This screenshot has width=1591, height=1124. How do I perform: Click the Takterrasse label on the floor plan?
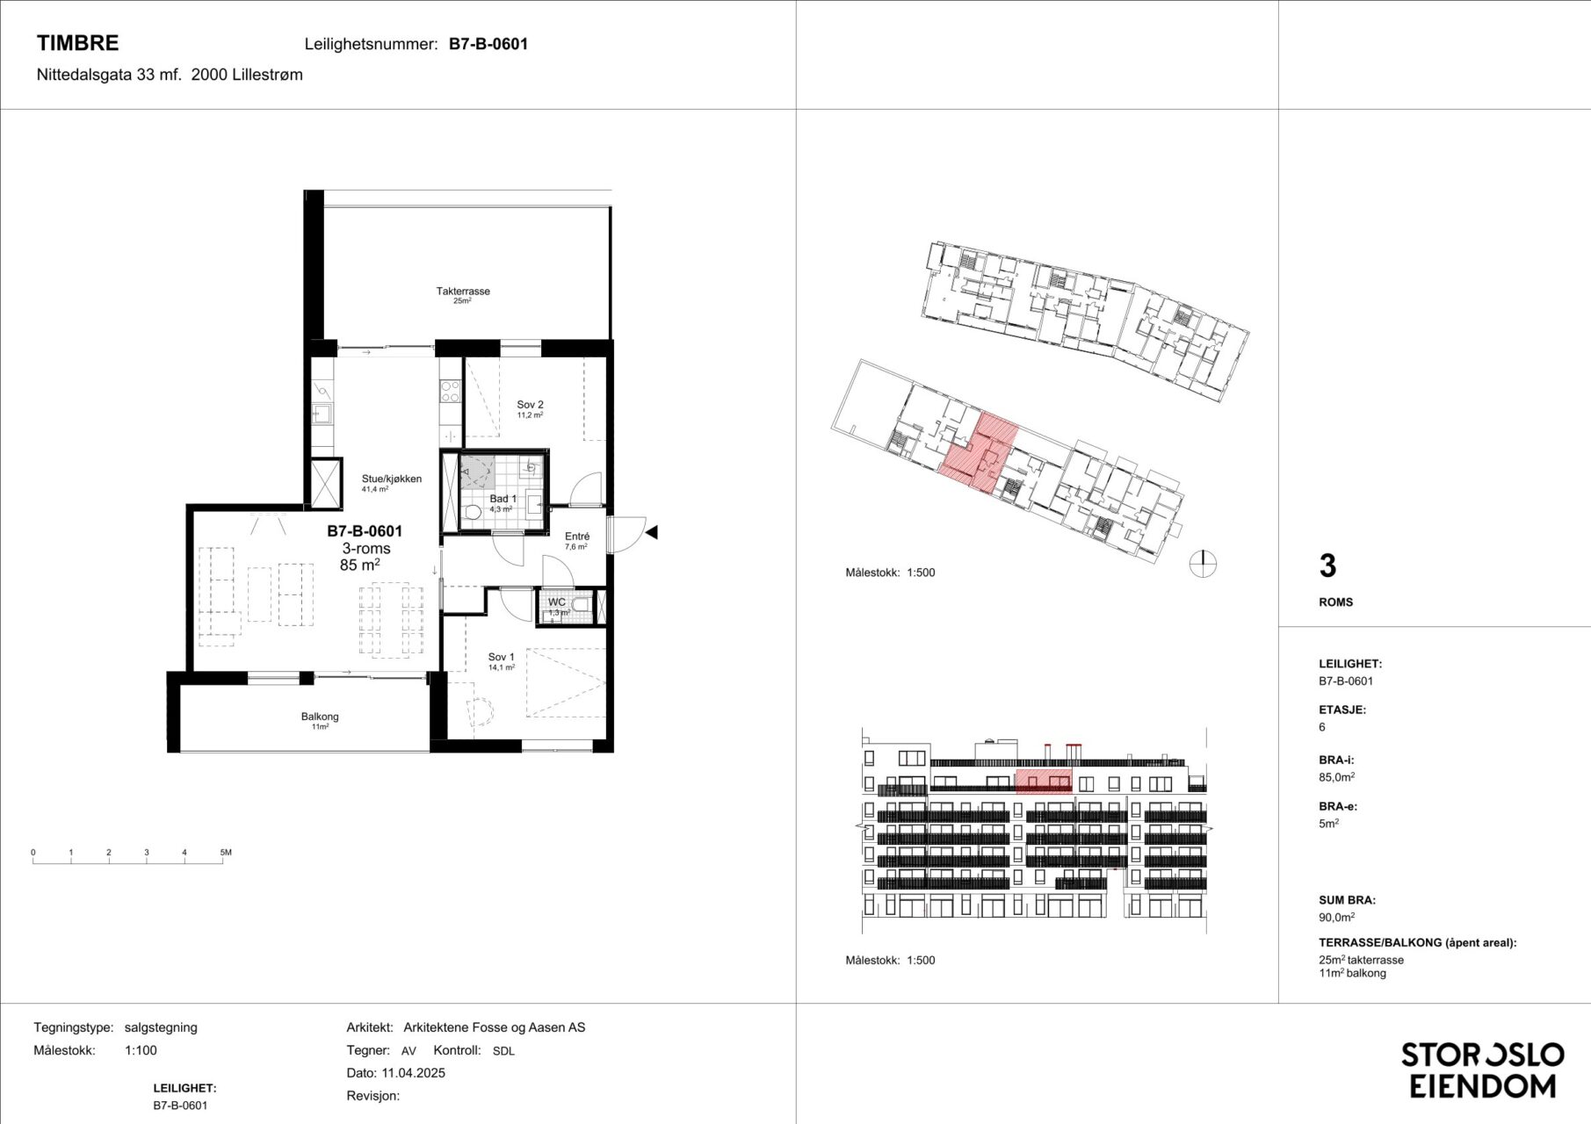coord(463,291)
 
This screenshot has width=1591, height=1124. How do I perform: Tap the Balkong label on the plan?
coord(320,717)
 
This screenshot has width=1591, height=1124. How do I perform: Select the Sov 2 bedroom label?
coord(530,405)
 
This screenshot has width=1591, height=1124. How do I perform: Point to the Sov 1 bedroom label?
coord(502,657)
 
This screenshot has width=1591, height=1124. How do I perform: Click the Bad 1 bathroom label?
coord(503,499)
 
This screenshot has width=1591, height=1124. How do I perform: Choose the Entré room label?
coord(577,537)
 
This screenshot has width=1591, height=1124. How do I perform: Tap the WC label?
coord(557,602)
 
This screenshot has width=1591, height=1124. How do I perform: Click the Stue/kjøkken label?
coord(392,479)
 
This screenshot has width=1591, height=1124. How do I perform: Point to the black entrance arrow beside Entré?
coord(651,532)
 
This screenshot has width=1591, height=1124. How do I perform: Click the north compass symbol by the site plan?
coord(1203,564)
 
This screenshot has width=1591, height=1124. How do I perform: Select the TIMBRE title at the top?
coord(77,42)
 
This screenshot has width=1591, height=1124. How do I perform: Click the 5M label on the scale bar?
coord(226,853)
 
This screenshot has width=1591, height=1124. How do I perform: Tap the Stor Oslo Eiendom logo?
coord(1483,1070)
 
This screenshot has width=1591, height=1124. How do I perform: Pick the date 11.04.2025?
coord(413,1073)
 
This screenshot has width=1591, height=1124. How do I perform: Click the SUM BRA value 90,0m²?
coord(1336,917)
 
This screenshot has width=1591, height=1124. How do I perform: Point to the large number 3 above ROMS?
coord(1327,566)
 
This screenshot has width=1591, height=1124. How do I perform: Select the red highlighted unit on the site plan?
coord(979,452)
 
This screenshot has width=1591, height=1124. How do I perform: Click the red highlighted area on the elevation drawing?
coord(1044,781)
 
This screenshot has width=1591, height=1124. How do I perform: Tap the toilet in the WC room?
coord(580,604)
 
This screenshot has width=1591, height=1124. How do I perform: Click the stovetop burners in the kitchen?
coord(451,392)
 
